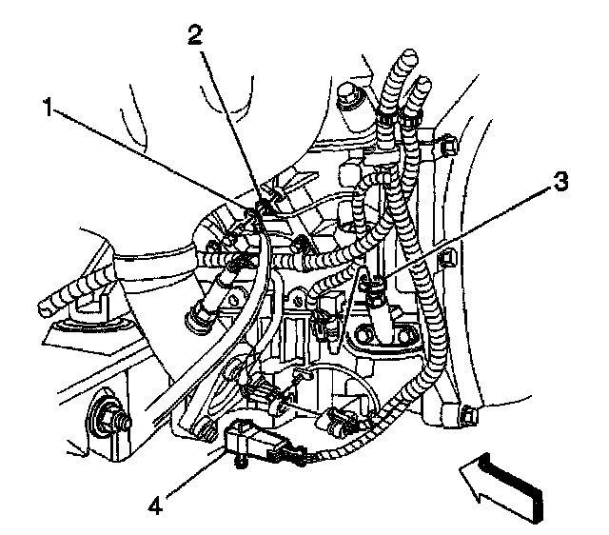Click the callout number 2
click(195, 35)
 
